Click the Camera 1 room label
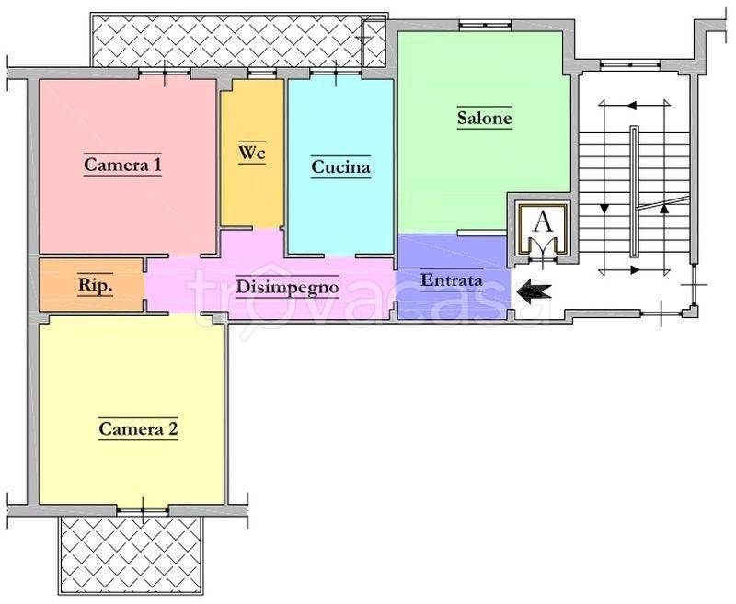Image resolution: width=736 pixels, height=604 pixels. (x=122, y=165)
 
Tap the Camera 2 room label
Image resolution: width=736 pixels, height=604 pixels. (x=139, y=428)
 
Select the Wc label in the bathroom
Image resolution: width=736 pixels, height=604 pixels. (x=252, y=153)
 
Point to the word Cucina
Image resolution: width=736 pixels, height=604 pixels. (x=340, y=166)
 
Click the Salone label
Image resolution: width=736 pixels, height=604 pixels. (x=485, y=118)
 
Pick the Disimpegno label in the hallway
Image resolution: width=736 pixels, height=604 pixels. (x=287, y=287)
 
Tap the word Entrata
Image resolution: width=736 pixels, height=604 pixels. (x=452, y=280)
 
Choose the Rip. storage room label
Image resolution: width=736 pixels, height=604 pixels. (x=96, y=285)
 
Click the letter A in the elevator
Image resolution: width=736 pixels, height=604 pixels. (x=544, y=222)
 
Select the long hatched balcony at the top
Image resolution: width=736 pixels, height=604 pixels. (x=238, y=40)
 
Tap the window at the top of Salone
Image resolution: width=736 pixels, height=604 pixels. (x=485, y=25)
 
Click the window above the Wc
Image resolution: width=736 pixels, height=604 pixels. (x=261, y=73)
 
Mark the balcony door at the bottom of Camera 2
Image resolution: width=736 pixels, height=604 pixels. (x=143, y=511)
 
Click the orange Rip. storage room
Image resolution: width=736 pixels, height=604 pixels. (x=91, y=285)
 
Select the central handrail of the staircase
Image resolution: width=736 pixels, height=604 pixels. (x=635, y=191)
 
